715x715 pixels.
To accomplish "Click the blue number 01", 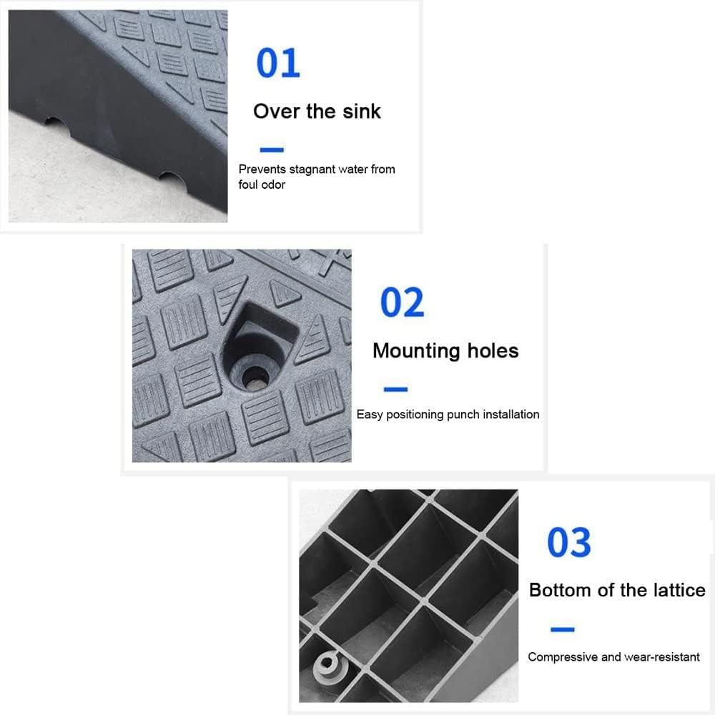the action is [278, 63].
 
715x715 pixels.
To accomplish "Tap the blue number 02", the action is [402, 302].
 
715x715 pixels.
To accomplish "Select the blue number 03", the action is [569, 542].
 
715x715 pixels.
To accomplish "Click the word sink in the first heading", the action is [362, 112].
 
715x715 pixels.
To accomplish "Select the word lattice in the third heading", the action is [679, 590].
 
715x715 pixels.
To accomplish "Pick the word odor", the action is [274, 184].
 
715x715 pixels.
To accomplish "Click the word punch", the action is [463, 415].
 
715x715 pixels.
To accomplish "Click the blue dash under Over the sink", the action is [272, 149].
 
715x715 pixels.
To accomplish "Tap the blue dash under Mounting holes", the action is [396, 389].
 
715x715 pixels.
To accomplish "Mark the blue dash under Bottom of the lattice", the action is [562, 629].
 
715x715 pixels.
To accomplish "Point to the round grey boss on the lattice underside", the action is [327, 665].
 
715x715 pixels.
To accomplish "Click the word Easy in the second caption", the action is [370, 415].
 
